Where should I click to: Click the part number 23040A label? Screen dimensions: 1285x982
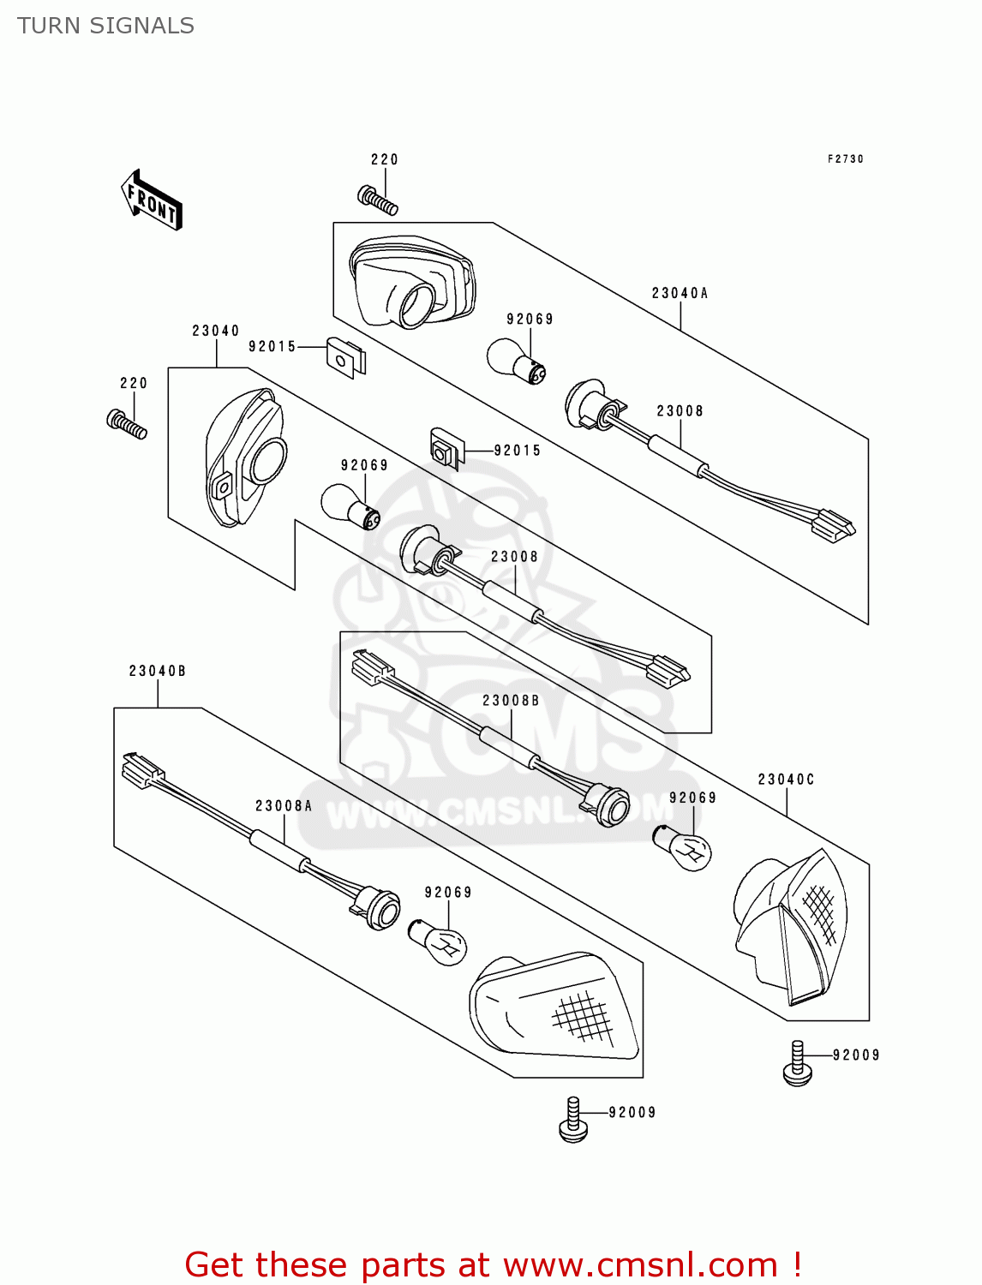point(680,293)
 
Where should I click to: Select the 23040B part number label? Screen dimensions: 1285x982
point(157,671)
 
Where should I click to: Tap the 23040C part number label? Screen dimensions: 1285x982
point(786,780)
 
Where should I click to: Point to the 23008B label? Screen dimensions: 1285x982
point(511,701)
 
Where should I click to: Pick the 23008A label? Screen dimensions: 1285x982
point(284,806)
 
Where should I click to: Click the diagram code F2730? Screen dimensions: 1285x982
point(845,159)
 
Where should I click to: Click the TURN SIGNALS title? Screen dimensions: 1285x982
point(105,26)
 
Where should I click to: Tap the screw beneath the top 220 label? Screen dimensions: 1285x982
point(378,200)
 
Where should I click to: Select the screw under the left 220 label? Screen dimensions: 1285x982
point(127,424)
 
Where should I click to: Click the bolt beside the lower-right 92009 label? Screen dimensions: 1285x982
point(797,1065)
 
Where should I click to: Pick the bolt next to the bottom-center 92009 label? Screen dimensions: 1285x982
point(573,1121)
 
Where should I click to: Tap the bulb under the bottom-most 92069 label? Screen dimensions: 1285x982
point(438,941)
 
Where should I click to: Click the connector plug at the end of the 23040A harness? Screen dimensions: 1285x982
point(834,525)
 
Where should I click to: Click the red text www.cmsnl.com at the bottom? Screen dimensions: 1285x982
point(639,1264)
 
